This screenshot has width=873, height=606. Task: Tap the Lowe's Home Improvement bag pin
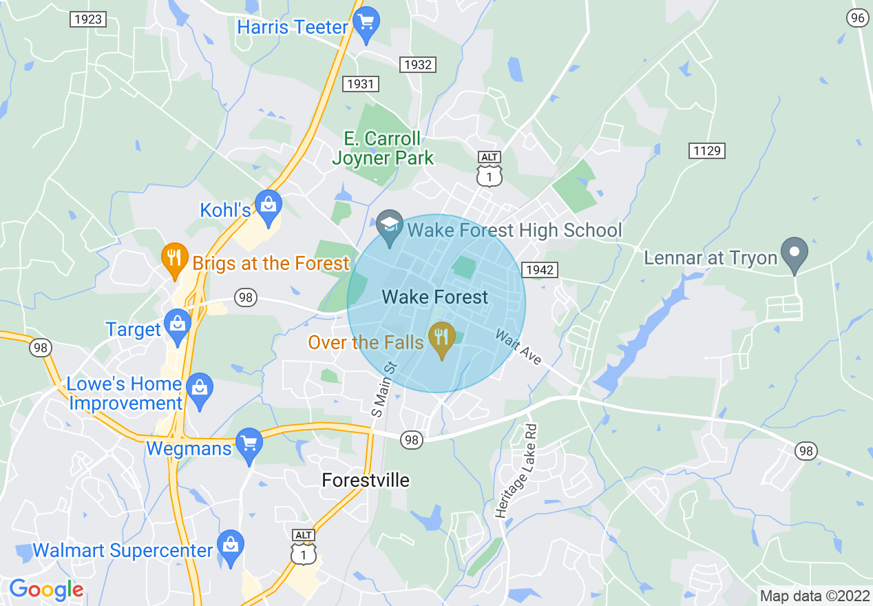click(199, 390)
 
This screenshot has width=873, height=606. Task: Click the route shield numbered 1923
click(87, 19)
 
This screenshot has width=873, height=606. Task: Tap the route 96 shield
click(857, 19)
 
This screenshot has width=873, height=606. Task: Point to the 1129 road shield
click(707, 150)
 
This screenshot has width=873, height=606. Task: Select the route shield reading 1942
click(538, 270)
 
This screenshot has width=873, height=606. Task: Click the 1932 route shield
click(418, 65)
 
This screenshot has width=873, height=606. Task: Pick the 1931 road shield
click(360, 84)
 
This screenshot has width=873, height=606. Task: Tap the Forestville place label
click(366, 481)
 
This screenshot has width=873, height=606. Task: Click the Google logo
click(45, 589)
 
